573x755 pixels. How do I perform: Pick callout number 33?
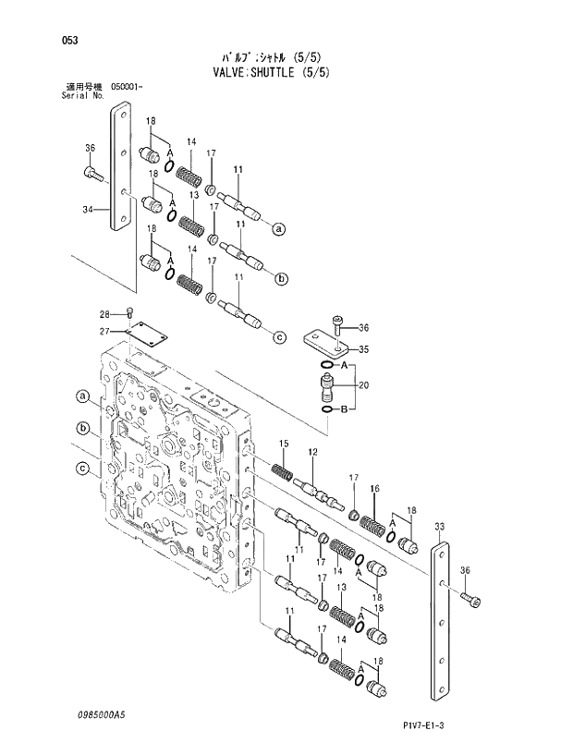pos(440,527)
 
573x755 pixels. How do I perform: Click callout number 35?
pos(363,349)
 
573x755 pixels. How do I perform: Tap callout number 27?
pos(104,331)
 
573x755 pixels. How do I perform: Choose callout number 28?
pos(104,314)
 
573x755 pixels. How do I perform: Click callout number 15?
pos(284,444)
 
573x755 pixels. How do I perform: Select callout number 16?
pos(374,489)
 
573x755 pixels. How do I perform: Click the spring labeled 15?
pos(281,470)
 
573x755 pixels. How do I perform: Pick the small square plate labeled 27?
pos(143,332)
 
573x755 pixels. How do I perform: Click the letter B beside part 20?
pos(344,408)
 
